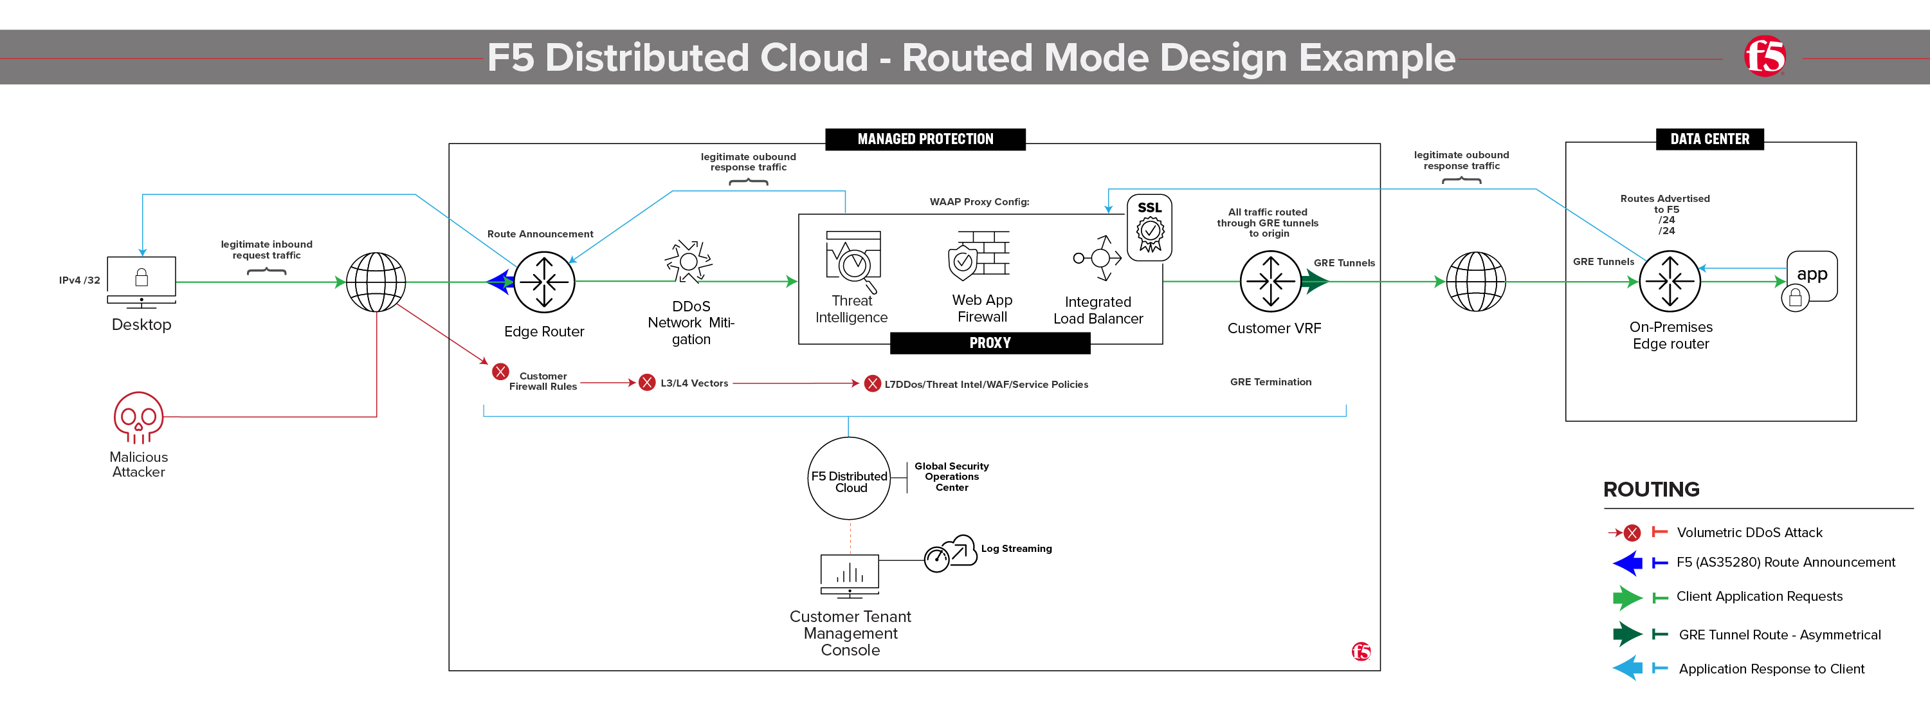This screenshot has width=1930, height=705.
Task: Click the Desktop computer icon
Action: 141,282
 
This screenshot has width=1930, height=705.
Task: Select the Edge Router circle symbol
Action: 544,282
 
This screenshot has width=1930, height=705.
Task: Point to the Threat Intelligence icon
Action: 853,261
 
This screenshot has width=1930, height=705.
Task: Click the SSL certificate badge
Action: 1149,228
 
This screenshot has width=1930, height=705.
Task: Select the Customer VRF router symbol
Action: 1271,282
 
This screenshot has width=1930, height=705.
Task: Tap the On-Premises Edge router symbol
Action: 1670,282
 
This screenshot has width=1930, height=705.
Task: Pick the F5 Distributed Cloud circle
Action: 849,479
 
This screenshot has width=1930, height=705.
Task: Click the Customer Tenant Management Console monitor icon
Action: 850,576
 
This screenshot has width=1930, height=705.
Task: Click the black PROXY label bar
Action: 990,343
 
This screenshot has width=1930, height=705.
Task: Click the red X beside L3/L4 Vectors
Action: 646,383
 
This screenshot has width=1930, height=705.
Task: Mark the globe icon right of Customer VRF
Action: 1475,282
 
